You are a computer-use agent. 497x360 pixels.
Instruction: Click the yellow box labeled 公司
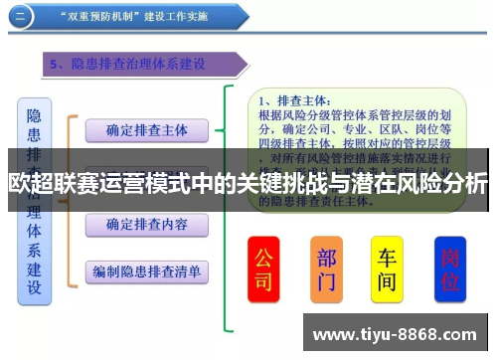coord(263,269)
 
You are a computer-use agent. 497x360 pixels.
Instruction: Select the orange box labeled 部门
coord(326,269)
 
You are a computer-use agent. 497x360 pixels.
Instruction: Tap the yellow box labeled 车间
coord(387,269)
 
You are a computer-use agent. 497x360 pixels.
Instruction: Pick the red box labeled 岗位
coord(450,269)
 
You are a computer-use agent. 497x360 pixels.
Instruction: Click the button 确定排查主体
coord(146,129)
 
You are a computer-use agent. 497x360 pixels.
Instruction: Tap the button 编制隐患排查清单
coord(146,270)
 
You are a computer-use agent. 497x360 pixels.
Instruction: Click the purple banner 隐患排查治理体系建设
coord(139,65)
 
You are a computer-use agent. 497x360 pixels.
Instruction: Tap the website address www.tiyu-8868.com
coord(399,333)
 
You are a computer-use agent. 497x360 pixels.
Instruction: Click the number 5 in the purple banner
coord(55,65)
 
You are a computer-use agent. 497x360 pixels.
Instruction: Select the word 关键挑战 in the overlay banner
coord(282,183)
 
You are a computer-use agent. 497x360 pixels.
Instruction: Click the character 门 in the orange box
coord(326,282)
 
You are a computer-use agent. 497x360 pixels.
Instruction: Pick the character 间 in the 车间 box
coord(387,282)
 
